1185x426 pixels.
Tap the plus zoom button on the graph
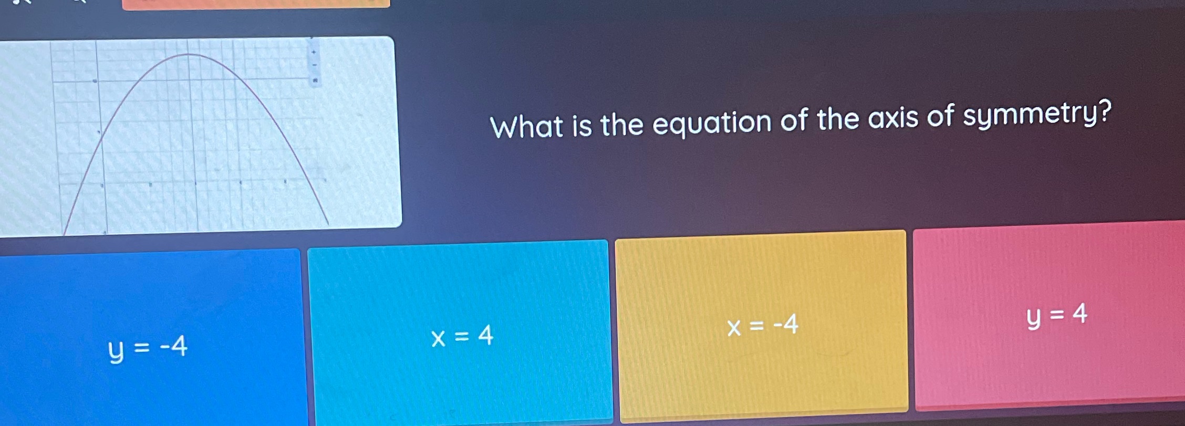pyautogui.click(x=314, y=52)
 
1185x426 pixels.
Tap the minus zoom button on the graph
pyautogui.click(x=314, y=66)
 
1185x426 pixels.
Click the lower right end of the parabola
pyautogui.click(x=328, y=224)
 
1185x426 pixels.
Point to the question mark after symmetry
pyautogui.click(x=1104, y=111)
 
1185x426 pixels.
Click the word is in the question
pyautogui.click(x=582, y=126)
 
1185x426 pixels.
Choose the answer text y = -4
pyautogui.click(x=148, y=348)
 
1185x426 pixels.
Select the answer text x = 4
pyautogui.click(x=462, y=336)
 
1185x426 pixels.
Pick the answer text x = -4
pyautogui.click(x=762, y=325)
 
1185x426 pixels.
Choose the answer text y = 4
pyautogui.click(x=1056, y=315)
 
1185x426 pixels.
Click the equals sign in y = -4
pyautogui.click(x=141, y=348)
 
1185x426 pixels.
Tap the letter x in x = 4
pyautogui.click(x=438, y=338)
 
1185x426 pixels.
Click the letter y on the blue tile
pyautogui.click(x=116, y=350)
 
